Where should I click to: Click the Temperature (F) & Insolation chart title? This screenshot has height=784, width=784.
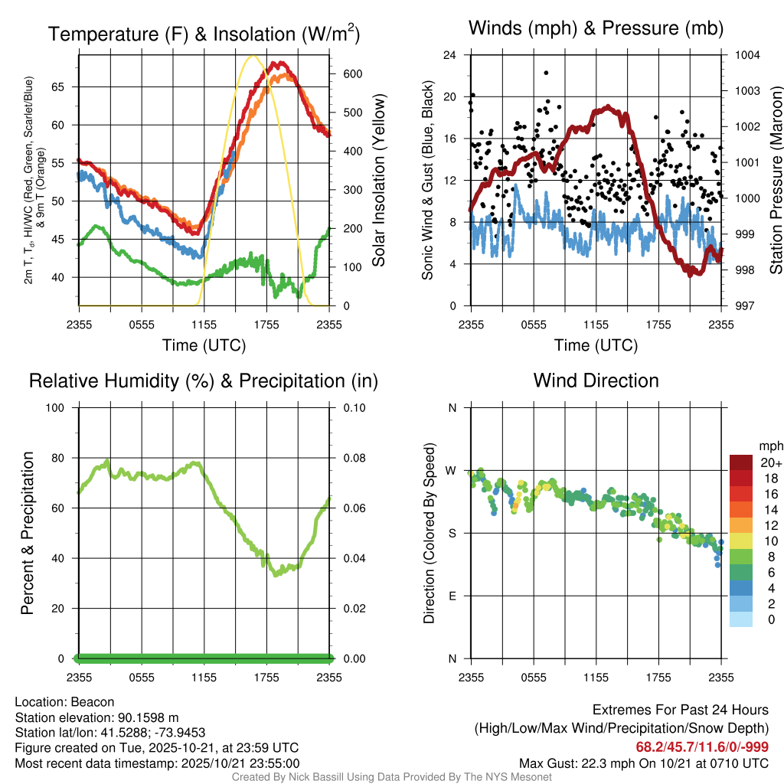(x=204, y=34)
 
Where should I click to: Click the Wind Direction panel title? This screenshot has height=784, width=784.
(x=596, y=381)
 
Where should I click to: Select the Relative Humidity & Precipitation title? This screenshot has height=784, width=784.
(x=204, y=381)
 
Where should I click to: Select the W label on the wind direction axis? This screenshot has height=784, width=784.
(x=452, y=470)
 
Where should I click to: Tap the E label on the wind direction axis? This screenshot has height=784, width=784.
(x=452, y=596)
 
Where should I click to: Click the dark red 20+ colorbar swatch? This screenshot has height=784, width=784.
(x=742, y=462)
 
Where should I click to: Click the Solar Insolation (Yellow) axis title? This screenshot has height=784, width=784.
(x=379, y=181)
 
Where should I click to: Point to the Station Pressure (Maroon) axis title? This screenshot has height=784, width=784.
(x=775, y=181)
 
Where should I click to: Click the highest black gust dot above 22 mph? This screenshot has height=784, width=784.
(x=546, y=73)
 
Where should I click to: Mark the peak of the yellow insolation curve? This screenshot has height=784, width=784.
(x=253, y=56)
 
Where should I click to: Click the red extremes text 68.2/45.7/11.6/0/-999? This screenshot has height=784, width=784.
(x=702, y=747)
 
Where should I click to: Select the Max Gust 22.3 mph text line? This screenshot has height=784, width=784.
(x=643, y=763)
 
